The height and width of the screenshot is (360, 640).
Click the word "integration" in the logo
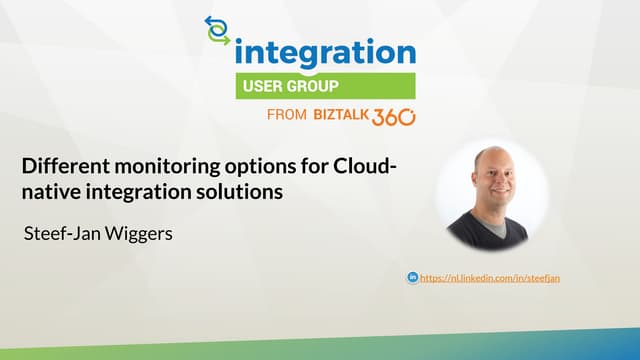[324, 51]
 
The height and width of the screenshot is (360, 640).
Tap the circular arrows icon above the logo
[217, 30]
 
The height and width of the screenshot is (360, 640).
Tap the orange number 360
[393, 116]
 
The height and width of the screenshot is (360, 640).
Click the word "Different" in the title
[62, 165]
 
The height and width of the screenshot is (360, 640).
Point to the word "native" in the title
[51, 190]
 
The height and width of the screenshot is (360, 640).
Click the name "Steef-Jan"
[61, 235]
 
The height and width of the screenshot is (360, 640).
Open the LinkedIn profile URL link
[489, 277]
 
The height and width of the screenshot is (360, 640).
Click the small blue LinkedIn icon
[412, 277]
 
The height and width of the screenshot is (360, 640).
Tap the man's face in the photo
[489, 180]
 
